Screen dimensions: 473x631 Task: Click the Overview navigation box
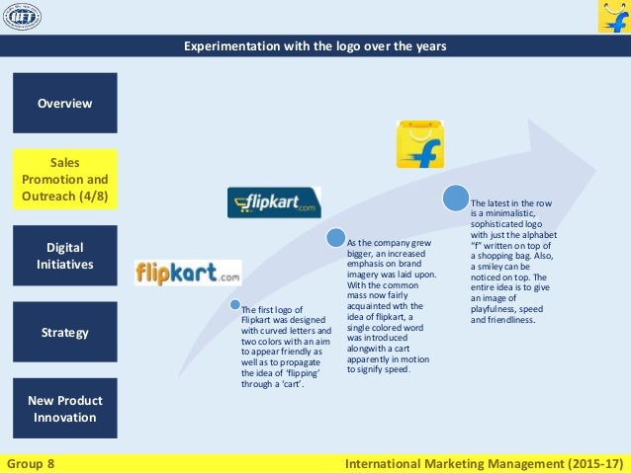(65, 103)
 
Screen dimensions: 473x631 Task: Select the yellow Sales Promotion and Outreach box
(65, 179)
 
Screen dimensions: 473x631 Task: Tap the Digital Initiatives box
(65, 256)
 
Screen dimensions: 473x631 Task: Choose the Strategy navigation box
(65, 332)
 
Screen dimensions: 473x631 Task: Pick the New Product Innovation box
(65, 408)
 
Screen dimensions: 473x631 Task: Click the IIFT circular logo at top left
(22, 17)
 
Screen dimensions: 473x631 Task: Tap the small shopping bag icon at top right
(613, 17)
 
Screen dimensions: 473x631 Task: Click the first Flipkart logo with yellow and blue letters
(188, 272)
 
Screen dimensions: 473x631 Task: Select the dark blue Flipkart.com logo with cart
(274, 202)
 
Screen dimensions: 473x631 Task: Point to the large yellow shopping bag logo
(419, 145)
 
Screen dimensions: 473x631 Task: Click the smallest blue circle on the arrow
(235, 304)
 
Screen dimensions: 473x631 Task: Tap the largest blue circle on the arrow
(456, 197)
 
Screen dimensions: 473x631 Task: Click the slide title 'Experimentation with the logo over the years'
(315, 46)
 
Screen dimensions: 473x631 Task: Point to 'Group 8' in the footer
(31, 462)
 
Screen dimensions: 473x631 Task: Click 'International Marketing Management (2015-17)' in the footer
(486, 462)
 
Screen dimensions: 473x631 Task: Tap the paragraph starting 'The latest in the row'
(511, 260)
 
